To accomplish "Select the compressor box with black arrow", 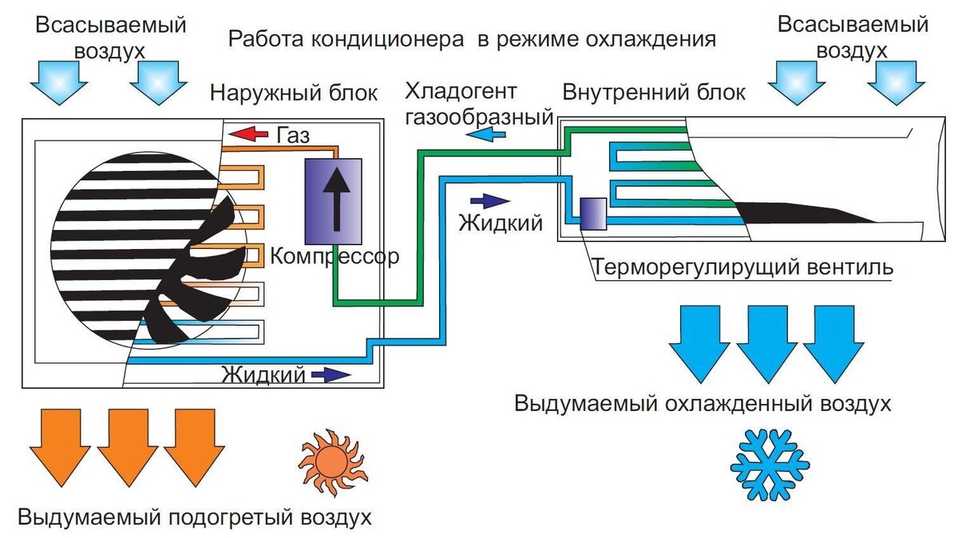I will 333,200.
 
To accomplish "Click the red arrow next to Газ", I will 249,133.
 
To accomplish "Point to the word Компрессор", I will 333,257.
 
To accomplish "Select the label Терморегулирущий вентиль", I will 743,267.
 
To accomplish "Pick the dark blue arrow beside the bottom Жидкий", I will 331,374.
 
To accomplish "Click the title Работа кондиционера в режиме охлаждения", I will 471,39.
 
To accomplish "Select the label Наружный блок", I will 294,92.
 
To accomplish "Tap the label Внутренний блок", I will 654,92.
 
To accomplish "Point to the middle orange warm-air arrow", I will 128,447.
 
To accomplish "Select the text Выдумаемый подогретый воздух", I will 195,516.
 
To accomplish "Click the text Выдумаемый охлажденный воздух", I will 702,403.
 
